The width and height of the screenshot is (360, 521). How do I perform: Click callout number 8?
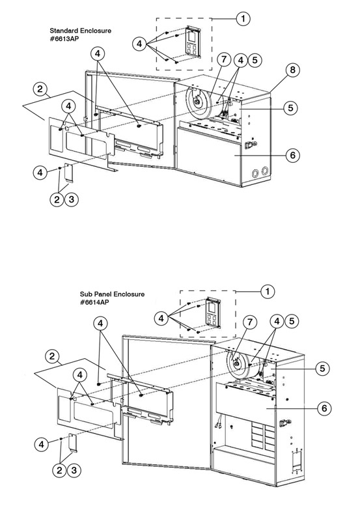pos(292,70)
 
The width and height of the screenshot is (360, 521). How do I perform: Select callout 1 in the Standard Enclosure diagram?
pos(243,19)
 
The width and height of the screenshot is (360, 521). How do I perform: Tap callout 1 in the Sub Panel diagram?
pos(268,291)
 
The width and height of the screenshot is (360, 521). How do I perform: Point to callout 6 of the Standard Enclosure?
pos(292,155)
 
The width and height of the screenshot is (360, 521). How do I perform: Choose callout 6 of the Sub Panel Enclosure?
pos(324,408)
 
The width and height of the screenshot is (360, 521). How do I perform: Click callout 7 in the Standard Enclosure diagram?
pos(224,59)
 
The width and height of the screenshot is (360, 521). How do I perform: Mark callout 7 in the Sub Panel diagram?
pos(250,322)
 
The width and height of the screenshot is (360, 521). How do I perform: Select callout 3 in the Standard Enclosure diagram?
pos(72,199)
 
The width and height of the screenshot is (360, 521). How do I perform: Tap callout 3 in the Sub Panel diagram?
pos(74,470)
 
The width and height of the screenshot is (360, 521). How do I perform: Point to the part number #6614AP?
pos(94,302)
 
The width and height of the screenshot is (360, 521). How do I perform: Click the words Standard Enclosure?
pos(80,31)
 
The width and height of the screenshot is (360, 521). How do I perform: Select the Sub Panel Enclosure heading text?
pos(112,294)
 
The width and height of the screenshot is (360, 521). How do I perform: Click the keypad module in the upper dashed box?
pos(191,42)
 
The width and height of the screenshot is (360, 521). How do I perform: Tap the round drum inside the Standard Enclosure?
pos(199,102)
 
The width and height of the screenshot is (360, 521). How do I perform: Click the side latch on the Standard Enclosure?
pos(251,145)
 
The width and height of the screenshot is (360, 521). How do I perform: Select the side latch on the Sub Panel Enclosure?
pos(285,423)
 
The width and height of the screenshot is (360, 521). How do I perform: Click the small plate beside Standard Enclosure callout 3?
pos(69,173)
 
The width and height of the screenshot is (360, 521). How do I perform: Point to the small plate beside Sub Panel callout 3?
pos(73,443)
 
